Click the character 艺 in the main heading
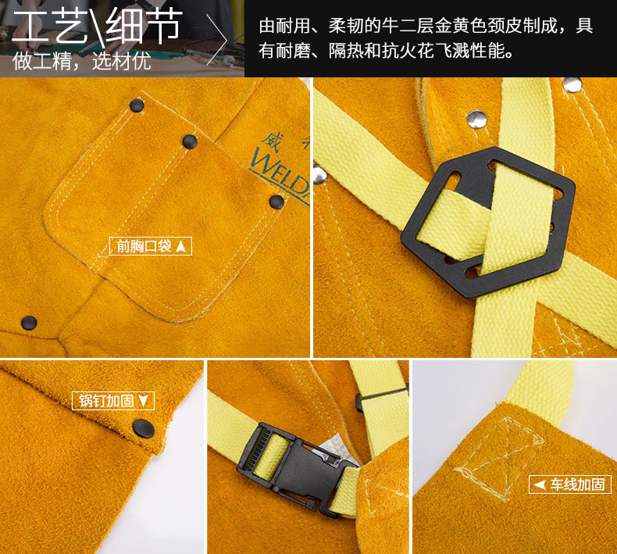[80, 29]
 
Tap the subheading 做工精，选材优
[81, 61]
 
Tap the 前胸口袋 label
[150, 246]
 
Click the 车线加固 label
[569, 484]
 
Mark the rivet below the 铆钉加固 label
[143, 427]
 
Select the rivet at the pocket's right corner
[276, 202]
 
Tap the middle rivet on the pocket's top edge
[190, 141]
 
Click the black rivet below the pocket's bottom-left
[29, 320]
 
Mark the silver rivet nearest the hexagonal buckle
[474, 119]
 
